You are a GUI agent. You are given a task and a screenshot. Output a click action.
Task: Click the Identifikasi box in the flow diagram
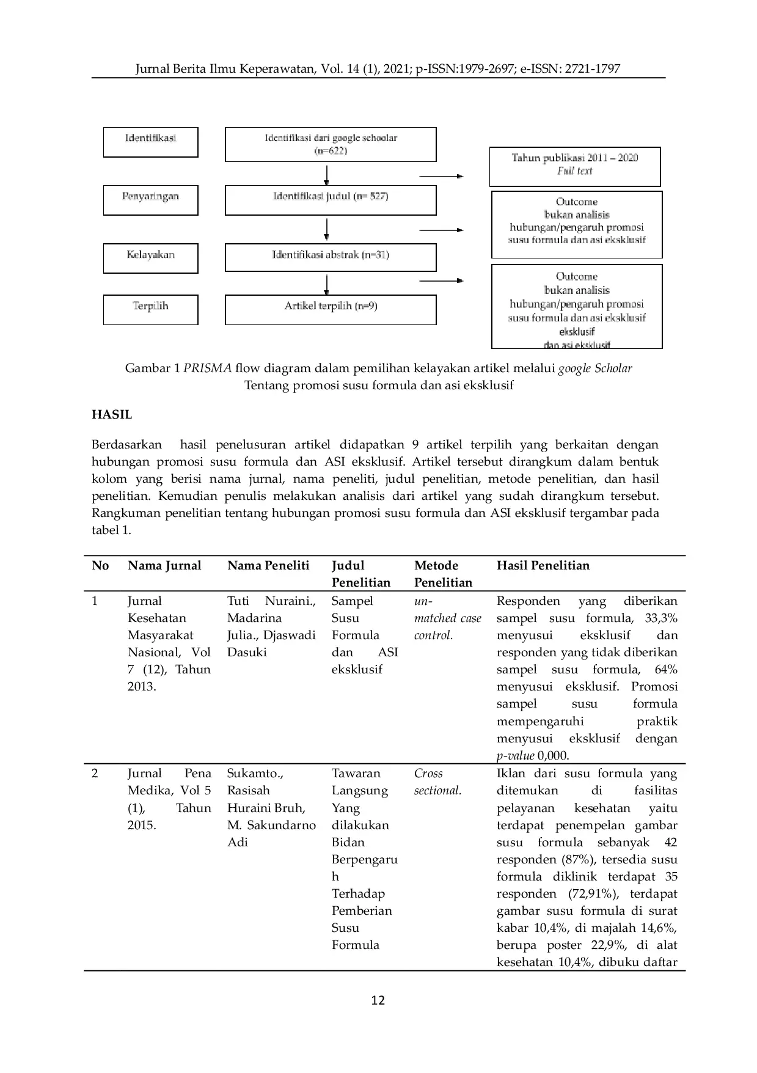(150, 142)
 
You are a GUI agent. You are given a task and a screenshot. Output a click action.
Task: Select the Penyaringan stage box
(150, 200)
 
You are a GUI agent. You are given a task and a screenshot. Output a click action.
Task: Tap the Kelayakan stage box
(150, 258)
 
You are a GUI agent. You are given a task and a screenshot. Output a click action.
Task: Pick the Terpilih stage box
(150, 309)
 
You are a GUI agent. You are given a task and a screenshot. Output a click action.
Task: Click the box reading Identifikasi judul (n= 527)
(331, 200)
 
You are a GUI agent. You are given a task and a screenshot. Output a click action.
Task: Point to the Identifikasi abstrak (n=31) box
(331, 257)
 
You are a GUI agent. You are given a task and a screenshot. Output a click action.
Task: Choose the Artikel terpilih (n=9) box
(331, 309)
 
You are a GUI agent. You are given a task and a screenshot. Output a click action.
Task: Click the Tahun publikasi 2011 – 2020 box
(574, 166)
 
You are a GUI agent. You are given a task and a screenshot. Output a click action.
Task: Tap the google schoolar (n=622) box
(331, 144)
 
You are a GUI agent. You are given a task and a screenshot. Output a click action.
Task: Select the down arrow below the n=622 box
(327, 175)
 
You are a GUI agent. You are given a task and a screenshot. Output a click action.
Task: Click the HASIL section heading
(112, 414)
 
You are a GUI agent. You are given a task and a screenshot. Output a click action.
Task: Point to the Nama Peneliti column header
(268, 565)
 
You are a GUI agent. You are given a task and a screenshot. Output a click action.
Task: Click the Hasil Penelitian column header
(543, 565)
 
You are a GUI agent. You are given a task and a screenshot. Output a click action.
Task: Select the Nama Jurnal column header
(164, 565)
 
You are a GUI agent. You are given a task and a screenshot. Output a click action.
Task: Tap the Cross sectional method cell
(437, 782)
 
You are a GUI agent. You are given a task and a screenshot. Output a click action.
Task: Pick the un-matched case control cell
(447, 618)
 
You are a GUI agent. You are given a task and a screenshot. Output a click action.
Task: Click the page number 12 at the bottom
(378, 1000)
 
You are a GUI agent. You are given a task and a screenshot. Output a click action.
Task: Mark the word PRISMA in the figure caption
(208, 368)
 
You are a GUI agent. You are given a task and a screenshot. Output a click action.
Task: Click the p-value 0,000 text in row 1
(533, 755)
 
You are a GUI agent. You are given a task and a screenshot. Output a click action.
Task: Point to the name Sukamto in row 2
(254, 773)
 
